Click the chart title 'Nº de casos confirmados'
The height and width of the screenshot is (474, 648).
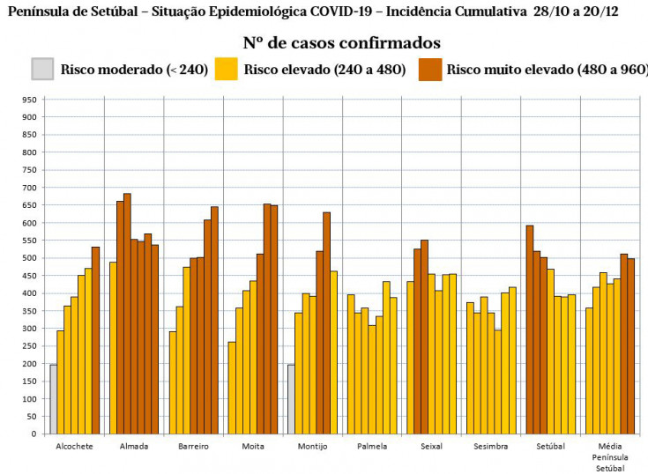[342, 43]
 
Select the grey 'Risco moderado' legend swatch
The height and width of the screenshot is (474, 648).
[42, 69]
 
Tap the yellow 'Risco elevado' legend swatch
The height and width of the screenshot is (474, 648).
[227, 69]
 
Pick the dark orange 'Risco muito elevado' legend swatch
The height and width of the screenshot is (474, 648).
[430, 69]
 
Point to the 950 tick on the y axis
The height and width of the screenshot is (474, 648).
[29, 100]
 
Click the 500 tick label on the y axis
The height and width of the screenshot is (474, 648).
[29, 258]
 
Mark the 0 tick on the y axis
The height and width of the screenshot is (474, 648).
[34, 433]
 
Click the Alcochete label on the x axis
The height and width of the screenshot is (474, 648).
[74, 447]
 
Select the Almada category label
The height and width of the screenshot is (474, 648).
[134, 447]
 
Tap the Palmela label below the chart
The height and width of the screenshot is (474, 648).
[371, 447]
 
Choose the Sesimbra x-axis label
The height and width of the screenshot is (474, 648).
[490, 447]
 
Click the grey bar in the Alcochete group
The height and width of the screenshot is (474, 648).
[53, 399]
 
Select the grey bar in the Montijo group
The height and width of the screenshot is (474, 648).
[291, 399]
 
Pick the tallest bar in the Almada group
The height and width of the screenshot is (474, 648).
[127, 314]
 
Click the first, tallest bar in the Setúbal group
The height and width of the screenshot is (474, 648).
[529, 330]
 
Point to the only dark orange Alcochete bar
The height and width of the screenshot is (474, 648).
[95, 340]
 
